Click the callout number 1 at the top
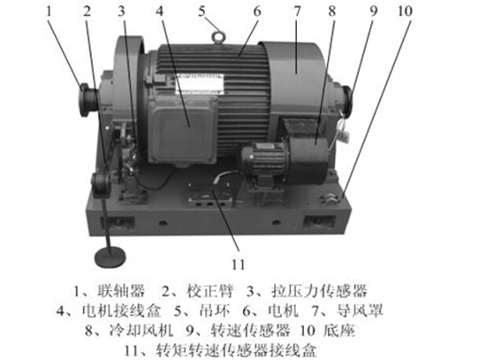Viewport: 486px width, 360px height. point(49,11)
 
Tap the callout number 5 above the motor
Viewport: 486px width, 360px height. point(201,11)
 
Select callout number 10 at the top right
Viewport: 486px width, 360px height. point(405,11)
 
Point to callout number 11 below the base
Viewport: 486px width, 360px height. point(238,264)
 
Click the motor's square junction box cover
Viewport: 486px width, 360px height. point(182,129)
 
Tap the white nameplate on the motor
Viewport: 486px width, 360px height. point(199,84)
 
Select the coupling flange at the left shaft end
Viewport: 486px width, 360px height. point(88,100)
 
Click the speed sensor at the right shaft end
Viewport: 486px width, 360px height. point(345,99)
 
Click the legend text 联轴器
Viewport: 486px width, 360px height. point(121,291)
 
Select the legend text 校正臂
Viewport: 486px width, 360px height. point(210,291)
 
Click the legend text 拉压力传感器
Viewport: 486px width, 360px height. point(319,291)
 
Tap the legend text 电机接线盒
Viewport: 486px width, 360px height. point(122,311)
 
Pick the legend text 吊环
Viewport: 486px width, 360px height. point(215,311)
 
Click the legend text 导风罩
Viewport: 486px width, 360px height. point(360,311)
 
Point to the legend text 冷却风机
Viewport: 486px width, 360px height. point(141,331)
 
